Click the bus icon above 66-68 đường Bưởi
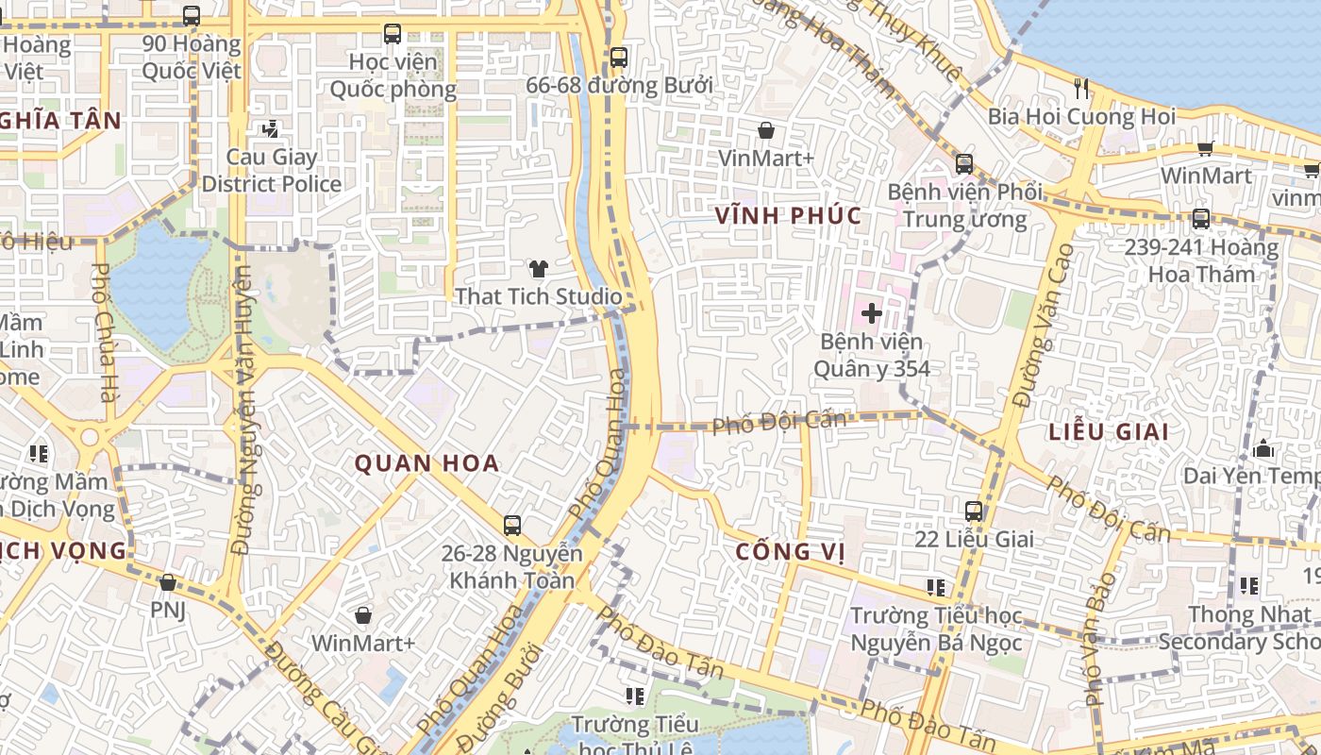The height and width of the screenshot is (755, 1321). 618,58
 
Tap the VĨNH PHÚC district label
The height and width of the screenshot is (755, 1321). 788,215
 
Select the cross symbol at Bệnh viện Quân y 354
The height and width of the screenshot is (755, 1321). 872,312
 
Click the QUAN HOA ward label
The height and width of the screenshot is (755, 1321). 426,463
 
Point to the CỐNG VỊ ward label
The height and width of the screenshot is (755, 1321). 791,550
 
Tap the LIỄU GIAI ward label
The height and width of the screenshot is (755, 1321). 1109,432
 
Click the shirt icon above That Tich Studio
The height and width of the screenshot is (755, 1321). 538,269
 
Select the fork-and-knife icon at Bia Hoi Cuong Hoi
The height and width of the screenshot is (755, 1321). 1081,89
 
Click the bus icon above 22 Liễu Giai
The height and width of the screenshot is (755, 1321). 974,512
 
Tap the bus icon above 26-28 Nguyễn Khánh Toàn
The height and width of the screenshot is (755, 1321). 511,526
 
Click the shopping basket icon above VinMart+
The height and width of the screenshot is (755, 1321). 765,130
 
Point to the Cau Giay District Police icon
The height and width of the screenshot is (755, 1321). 271,128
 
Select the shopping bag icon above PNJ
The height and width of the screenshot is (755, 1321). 168,582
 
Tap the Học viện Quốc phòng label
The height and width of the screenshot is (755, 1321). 393,75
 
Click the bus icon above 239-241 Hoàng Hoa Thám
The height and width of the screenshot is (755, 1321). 1200,219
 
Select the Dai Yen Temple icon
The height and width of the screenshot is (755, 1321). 1264,448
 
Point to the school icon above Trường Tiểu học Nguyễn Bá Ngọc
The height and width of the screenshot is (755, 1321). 936,588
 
